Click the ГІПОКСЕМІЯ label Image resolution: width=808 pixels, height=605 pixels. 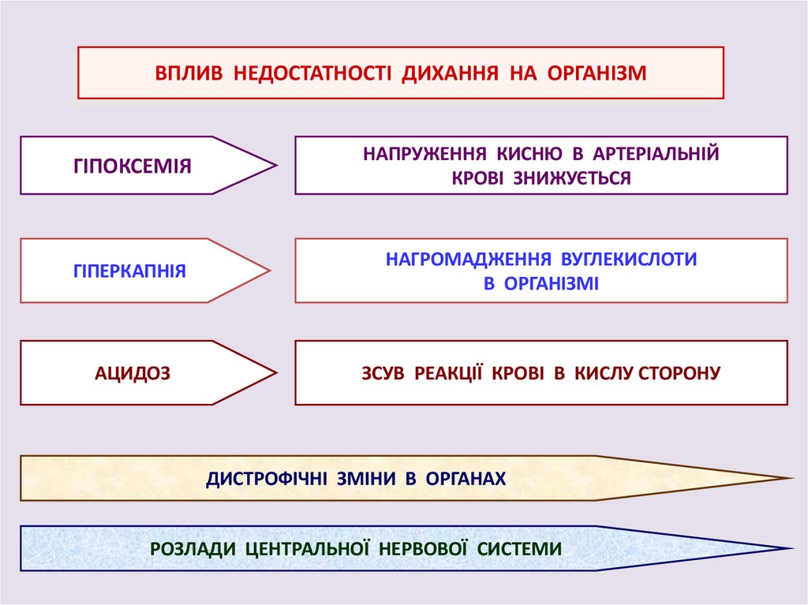tap(133, 166)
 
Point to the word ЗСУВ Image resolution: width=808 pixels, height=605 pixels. tap(382, 372)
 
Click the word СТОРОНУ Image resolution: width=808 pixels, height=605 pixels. tap(679, 372)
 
